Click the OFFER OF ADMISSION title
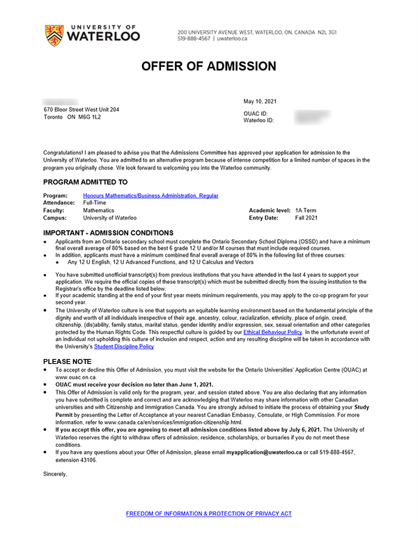209,67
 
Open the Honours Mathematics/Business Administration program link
150,196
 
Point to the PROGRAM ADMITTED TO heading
86,181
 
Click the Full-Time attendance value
95,203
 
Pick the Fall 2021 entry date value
306,218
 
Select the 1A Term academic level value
306,210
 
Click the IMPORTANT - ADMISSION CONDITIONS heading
109,232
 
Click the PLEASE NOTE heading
68,361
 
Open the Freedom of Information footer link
209,513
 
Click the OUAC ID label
256,113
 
